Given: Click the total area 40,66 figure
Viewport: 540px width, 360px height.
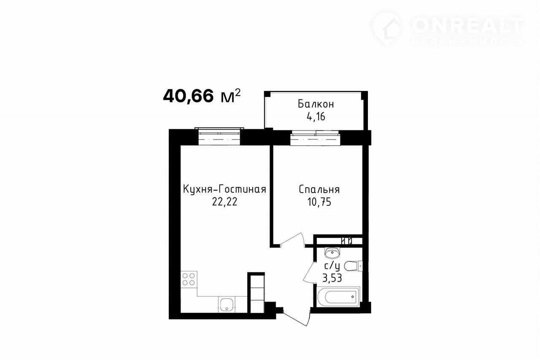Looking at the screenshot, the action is [x=189, y=96].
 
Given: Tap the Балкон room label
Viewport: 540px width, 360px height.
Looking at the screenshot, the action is [x=316, y=104].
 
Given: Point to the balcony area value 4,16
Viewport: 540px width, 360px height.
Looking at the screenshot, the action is [x=316, y=117].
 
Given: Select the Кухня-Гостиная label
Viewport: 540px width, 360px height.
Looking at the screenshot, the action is [x=225, y=189].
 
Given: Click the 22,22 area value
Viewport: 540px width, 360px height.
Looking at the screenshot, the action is [x=225, y=201].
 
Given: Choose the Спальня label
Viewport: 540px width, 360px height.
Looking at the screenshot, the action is [x=319, y=189].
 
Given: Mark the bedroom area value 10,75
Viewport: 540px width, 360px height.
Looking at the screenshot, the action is [x=319, y=202].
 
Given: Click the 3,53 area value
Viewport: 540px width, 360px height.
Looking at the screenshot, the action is [x=332, y=278].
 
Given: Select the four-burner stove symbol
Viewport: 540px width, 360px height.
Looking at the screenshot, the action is [x=189, y=279].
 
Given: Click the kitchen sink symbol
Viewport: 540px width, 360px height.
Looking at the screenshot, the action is [x=227, y=305].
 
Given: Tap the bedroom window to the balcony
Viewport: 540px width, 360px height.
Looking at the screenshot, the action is [x=315, y=138].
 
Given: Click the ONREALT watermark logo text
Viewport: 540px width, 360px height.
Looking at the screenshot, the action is [x=468, y=26].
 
